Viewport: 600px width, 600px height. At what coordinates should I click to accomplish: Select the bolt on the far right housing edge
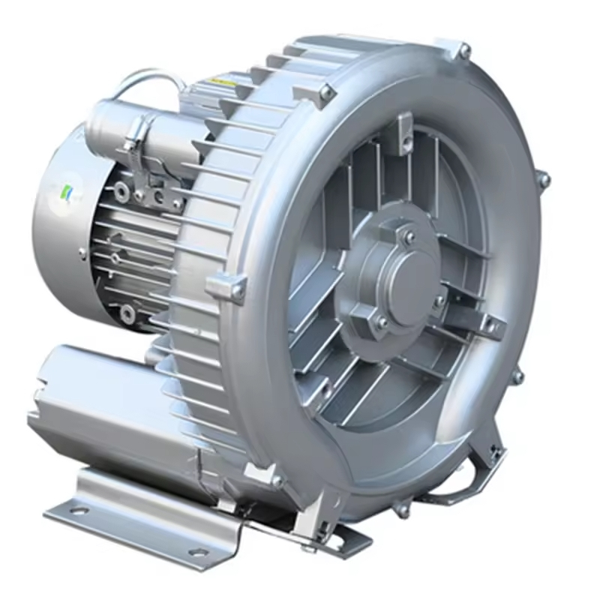(544, 179)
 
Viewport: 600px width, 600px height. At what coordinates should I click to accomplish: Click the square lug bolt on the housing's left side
(238, 288)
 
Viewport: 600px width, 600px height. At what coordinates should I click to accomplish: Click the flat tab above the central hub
(405, 129)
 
